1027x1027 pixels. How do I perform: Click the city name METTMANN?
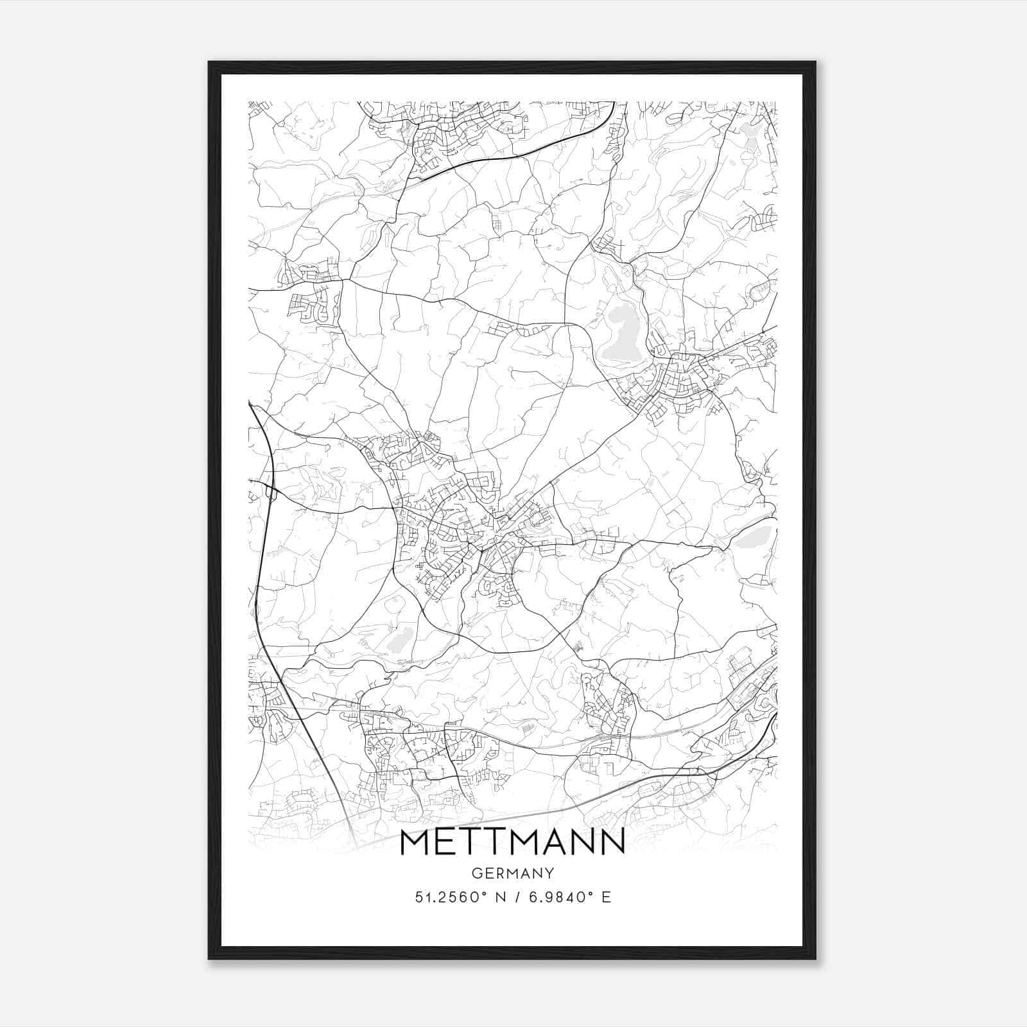[x=512, y=842]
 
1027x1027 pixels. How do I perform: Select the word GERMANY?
[x=512, y=873]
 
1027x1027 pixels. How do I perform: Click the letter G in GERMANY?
[x=476, y=873]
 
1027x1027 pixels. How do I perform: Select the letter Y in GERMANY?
[x=549, y=873]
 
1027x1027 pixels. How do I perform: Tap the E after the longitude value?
[x=606, y=897]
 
